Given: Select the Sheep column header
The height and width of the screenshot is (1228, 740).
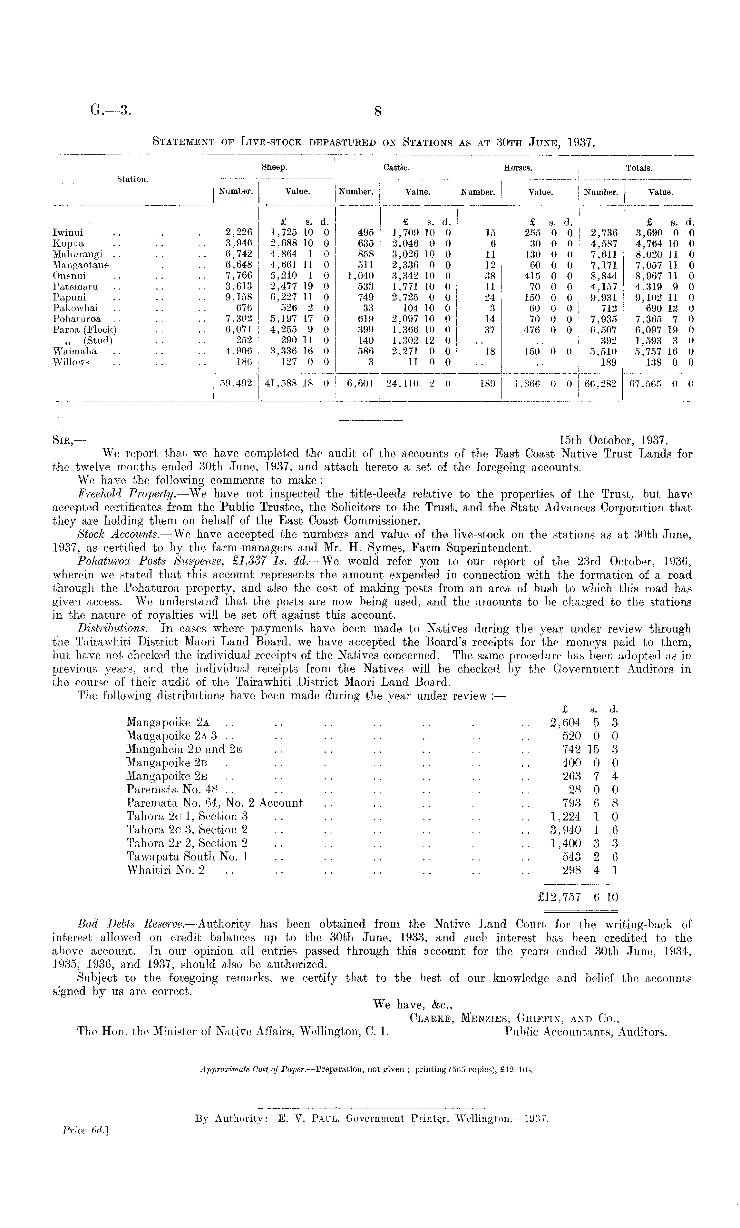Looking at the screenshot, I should [x=274, y=168].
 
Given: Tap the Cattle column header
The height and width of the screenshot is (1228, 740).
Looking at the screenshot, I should [x=396, y=168].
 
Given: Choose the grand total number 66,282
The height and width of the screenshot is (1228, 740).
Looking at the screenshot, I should [x=601, y=384].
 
